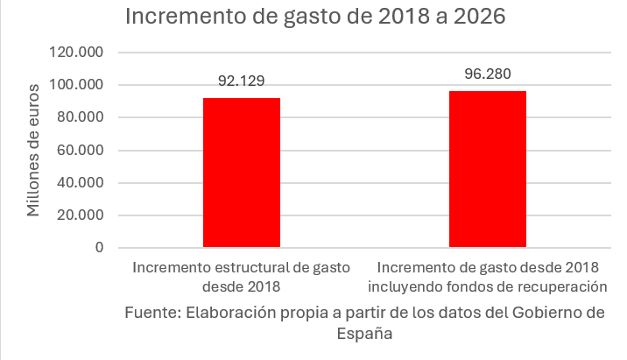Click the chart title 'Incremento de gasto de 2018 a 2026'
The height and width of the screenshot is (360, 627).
[x=315, y=18]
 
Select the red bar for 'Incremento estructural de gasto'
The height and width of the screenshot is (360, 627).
[x=242, y=173]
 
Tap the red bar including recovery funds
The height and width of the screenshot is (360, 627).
[x=488, y=169]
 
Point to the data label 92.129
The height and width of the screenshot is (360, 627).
[x=242, y=81]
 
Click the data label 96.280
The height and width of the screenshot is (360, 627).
[x=488, y=74]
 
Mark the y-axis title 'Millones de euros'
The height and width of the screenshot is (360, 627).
[x=34, y=150]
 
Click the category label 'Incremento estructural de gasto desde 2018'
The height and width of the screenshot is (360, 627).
[x=242, y=276]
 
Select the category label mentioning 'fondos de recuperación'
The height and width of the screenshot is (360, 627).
[x=488, y=276]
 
